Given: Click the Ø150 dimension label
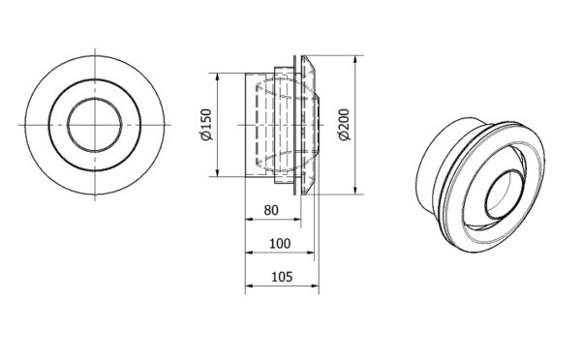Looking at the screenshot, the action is (205, 125).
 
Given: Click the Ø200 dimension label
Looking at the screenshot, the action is (344, 125).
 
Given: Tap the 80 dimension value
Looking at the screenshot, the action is (271, 210).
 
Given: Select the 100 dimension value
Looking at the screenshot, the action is (280, 244).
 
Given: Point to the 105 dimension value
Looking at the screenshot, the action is (282, 277).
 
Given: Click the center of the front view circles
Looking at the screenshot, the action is (95, 125).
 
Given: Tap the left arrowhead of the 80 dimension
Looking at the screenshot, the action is (249, 220).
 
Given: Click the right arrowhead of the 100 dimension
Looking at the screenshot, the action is (310, 253).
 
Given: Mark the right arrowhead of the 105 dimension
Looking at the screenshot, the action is (315, 285).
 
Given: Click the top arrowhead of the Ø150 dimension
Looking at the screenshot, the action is (218, 77).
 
